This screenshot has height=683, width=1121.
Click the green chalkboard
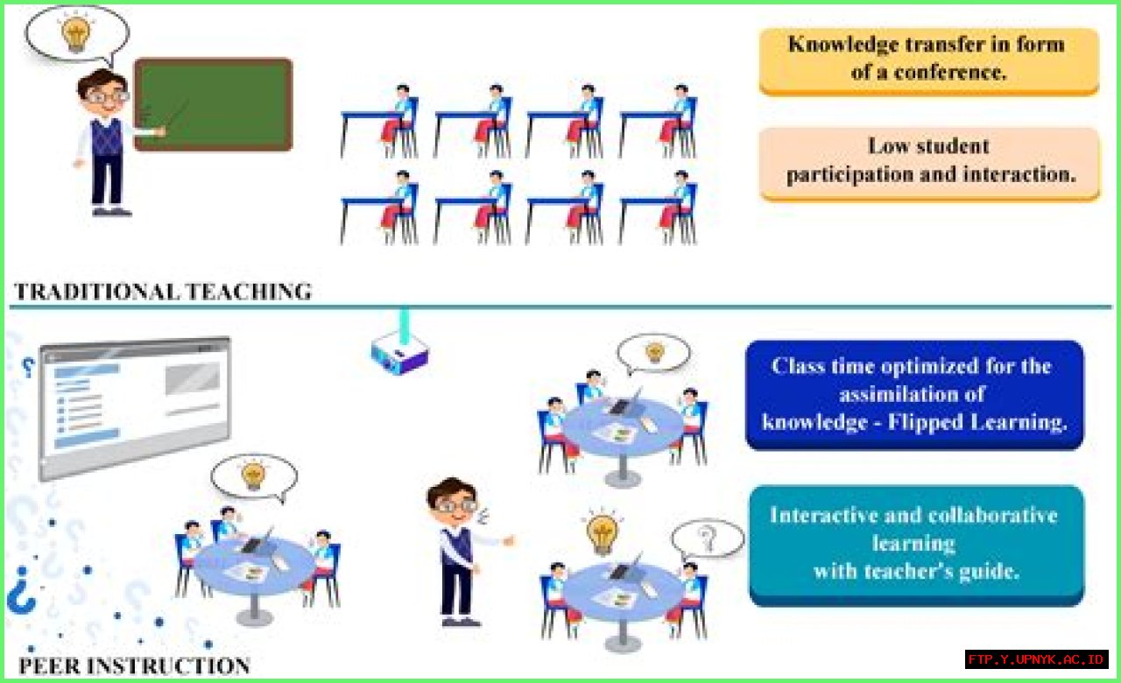pyautogui.click(x=213, y=104)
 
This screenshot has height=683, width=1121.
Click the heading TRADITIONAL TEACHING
pyautogui.click(x=163, y=292)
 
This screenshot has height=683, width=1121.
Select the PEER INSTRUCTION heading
pyautogui.click(x=134, y=666)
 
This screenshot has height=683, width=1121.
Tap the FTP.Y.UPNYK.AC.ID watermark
pyautogui.click(x=1037, y=658)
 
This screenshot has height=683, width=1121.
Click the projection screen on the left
pyautogui.click(x=134, y=406)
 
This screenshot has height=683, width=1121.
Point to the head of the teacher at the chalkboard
pyautogui.click(x=103, y=90)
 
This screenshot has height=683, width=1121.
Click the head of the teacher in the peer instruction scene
pyautogui.click(x=452, y=499)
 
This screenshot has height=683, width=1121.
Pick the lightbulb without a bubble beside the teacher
pyautogui.click(x=603, y=532)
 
